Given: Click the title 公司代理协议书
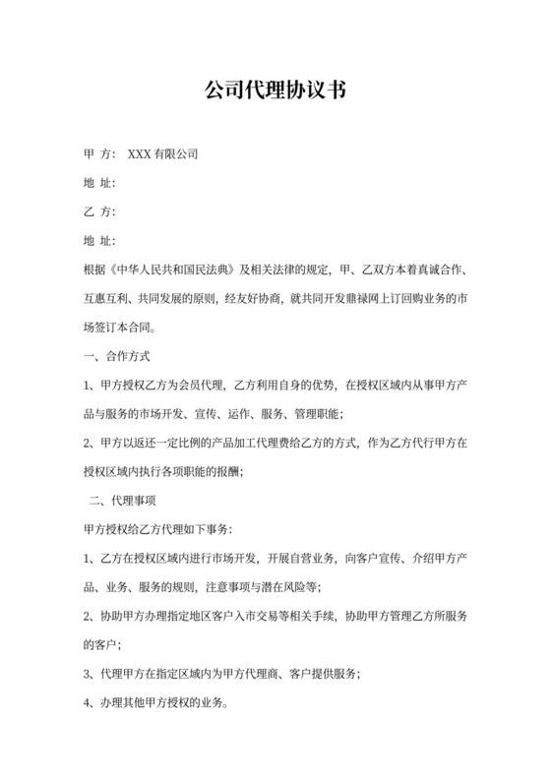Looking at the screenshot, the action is click(x=275, y=90).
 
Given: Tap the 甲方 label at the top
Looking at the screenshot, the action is click(x=99, y=154).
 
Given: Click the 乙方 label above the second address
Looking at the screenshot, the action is click(x=99, y=211).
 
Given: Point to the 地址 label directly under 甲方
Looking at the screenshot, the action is click(x=99, y=183).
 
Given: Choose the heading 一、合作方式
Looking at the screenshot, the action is click(x=117, y=355).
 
